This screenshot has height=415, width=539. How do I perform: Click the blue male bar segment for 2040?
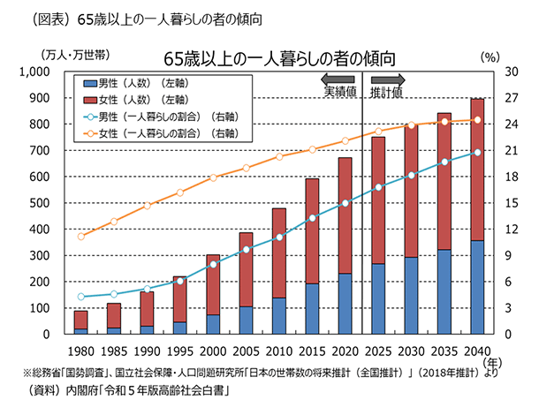tap(477, 287)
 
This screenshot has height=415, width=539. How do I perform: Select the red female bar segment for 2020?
tap(345, 215)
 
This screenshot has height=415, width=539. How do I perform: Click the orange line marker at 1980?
tap(80, 237)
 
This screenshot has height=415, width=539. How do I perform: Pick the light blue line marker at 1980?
tap(80, 297)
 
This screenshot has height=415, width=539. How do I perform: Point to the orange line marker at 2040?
tap(477, 120)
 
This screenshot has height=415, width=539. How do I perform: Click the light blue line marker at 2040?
tap(477, 152)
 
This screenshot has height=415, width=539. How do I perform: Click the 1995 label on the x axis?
tap(179, 352)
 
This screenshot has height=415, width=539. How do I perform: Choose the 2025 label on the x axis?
tap(378, 352)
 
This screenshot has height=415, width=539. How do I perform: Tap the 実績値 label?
tap(339, 93)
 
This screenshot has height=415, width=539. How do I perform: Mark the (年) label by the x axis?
tap(497, 361)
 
